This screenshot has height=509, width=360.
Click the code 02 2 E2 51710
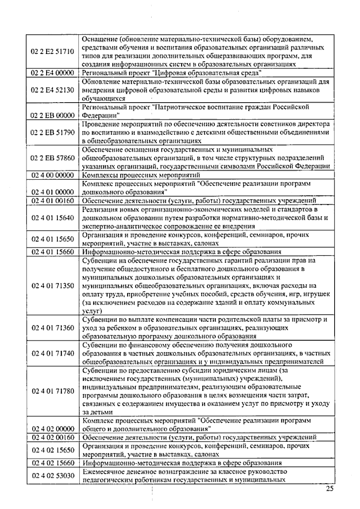[x=52, y=52]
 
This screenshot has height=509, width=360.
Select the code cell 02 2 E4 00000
[x=52, y=73]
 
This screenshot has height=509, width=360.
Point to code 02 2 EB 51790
[x=52, y=132]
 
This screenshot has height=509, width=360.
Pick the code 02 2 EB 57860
[x=52, y=158]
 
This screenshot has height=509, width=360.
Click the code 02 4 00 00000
[x=52, y=175]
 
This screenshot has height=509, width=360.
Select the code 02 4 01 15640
[x=52, y=218]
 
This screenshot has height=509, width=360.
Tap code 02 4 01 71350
[x=52, y=286]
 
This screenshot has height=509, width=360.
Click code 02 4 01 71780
[x=52, y=391]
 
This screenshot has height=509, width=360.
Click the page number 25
[x=329, y=489]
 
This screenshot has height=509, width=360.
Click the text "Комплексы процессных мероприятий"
[x=141, y=175]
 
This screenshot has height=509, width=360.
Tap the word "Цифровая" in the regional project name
[x=168, y=73]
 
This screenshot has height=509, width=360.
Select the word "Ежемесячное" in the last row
[x=102, y=472]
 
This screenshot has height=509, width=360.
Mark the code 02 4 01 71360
[x=52, y=328]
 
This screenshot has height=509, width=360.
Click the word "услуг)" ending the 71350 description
[x=92, y=311]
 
